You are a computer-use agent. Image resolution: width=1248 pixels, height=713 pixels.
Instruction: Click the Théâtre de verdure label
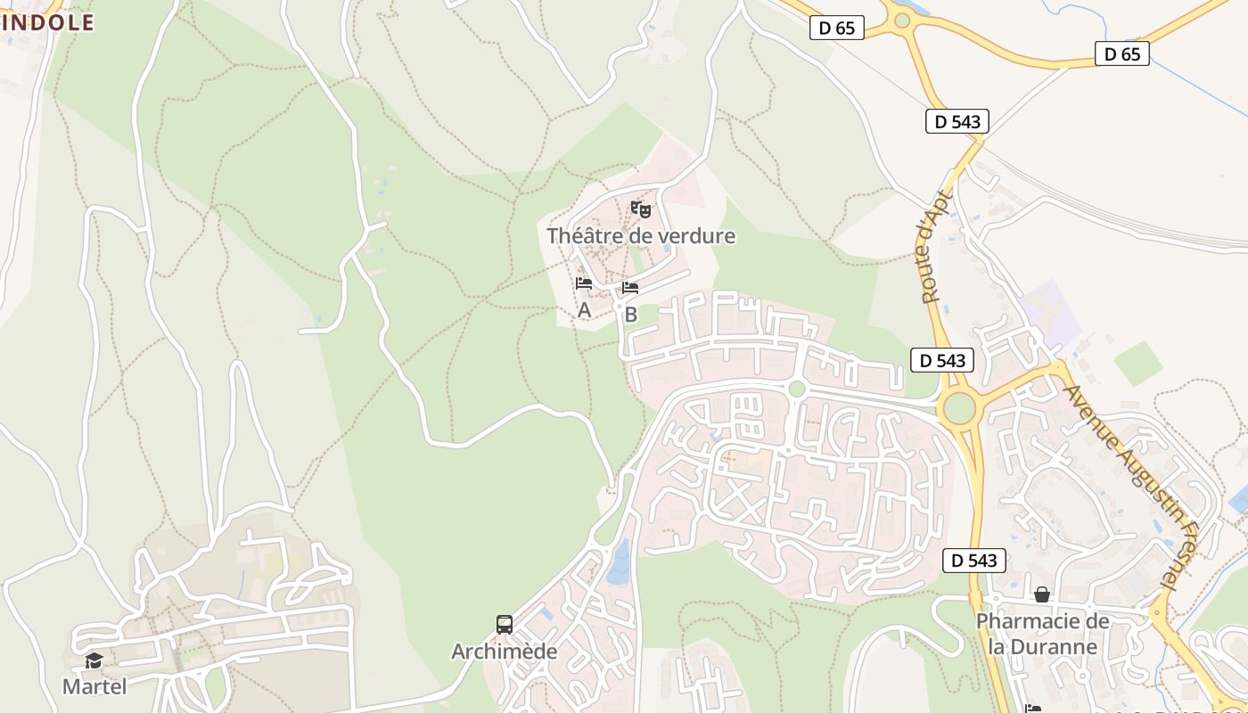[641, 236]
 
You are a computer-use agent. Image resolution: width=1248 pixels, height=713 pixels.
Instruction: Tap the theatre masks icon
[641, 210]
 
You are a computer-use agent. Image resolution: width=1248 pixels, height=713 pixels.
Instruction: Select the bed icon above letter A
[584, 283]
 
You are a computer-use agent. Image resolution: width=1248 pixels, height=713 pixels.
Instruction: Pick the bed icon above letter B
[630, 288]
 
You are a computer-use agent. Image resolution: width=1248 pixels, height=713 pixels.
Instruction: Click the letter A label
[584, 310]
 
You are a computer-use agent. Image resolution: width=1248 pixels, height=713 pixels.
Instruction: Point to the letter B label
[631, 315]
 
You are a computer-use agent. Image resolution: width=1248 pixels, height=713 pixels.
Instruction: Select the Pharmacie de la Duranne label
[1042, 633]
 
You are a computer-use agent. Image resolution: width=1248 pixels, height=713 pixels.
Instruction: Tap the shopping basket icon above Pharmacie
[1042, 594]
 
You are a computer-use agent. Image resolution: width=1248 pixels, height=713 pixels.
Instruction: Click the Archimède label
[504, 652]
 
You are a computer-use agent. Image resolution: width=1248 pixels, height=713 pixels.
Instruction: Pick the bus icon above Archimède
[505, 625]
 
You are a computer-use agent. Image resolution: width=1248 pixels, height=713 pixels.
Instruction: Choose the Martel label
[94, 686]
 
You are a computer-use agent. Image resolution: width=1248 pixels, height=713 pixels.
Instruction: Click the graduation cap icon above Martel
[94, 660]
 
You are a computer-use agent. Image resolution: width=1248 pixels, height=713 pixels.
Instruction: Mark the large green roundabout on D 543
[959, 409]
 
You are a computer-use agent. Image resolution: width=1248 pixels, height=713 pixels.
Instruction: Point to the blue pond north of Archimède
[619, 564]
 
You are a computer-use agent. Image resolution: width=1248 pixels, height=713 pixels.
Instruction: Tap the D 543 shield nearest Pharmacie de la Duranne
[974, 561]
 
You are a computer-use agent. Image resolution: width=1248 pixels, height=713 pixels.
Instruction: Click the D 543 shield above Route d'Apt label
[957, 121]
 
